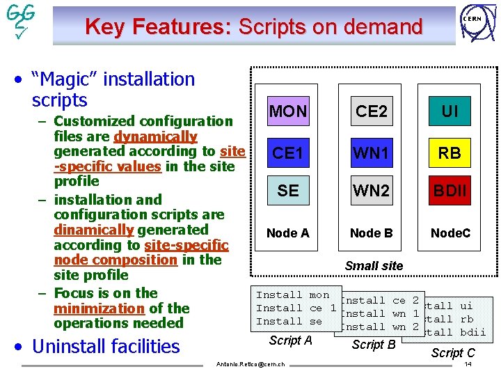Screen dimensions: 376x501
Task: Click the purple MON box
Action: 287,111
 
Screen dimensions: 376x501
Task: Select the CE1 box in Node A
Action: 287,152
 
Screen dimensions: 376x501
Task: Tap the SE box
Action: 287,191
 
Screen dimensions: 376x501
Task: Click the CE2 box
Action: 372,111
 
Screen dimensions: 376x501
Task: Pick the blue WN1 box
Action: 372,152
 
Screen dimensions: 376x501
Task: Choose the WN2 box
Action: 372,191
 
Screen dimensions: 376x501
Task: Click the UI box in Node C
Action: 450,111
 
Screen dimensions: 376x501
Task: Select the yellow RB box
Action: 450,152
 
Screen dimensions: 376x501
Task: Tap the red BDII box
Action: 450,191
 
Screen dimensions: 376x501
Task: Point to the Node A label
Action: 287,233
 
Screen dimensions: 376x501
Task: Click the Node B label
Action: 371,233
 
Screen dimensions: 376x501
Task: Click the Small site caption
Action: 374,265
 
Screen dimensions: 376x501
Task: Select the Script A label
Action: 290,340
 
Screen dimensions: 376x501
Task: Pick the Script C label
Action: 453,353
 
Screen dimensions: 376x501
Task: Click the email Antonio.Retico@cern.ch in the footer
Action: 250,365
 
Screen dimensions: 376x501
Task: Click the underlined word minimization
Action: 99,308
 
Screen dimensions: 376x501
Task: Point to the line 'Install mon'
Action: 292,295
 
